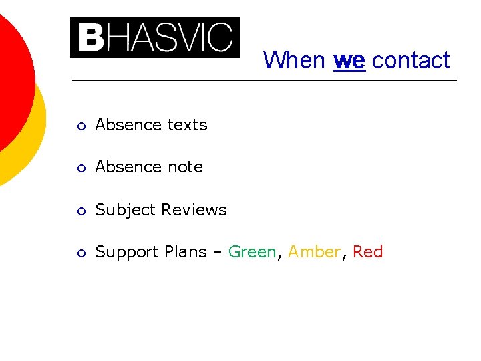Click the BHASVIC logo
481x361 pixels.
(x=155, y=38)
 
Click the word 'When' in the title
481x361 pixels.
(x=294, y=60)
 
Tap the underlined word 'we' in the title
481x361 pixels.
(x=349, y=60)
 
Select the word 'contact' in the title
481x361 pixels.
(x=411, y=60)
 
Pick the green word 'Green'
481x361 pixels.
(x=252, y=252)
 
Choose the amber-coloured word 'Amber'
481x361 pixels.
(x=313, y=252)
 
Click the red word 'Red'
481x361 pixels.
(x=367, y=252)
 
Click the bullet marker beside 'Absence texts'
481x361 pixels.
(x=80, y=126)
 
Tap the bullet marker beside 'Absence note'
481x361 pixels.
(x=80, y=168)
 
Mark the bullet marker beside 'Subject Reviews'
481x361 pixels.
(x=80, y=211)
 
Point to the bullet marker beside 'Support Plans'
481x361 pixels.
(x=80, y=253)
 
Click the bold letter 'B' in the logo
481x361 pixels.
(x=90, y=38)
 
